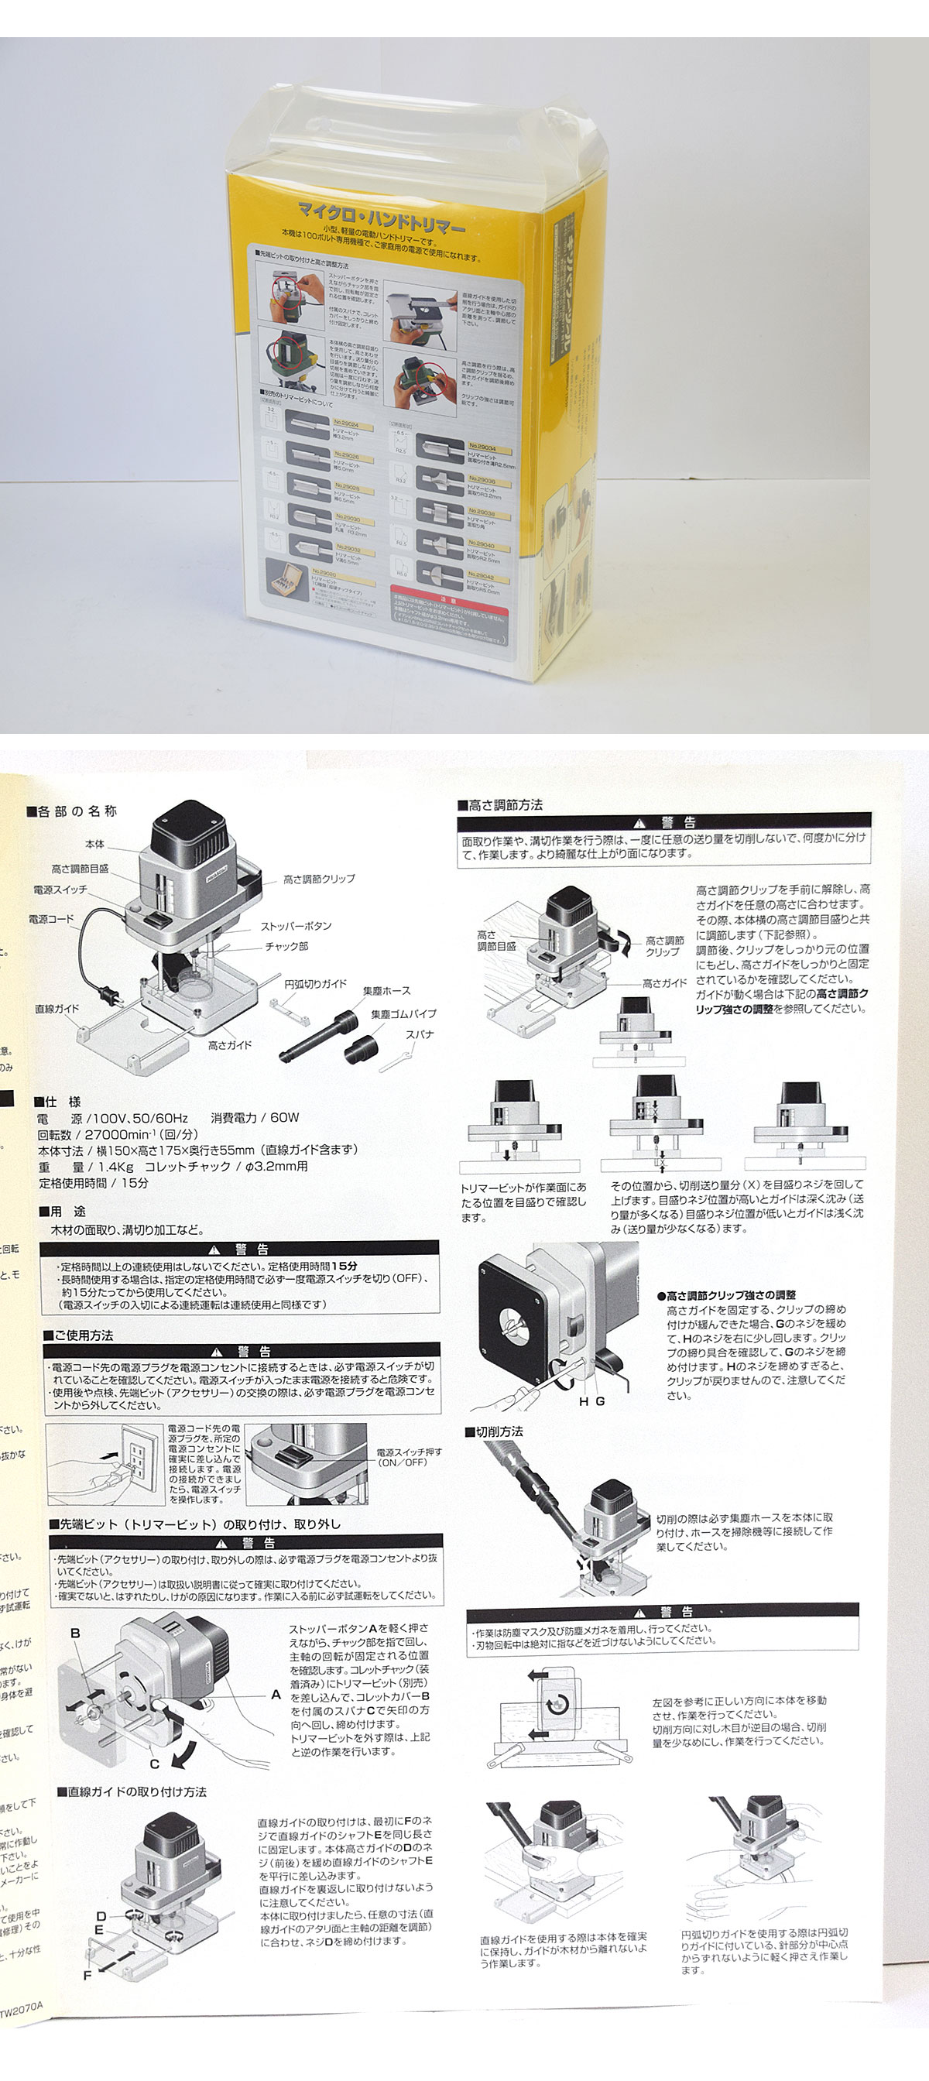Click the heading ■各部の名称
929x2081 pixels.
pos(72,811)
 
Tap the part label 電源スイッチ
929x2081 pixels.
pos(60,890)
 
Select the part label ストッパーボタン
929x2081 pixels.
pos(296,926)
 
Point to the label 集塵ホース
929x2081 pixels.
pos(386,990)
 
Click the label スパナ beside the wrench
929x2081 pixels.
pos(420,1034)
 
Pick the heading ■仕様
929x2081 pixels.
pos(57,1102)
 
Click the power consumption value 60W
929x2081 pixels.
pos(284,1118)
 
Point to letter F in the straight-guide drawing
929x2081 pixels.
pos(87,1975)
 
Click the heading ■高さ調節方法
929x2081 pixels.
pos(500,804)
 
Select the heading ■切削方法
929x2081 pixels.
pos(494,1431)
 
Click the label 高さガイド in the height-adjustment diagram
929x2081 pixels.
pos(664,983)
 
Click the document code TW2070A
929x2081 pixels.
pos(20,2007)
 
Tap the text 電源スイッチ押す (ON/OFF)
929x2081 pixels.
pos(409,1456)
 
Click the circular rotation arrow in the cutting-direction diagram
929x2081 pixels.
pos(557,1705)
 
